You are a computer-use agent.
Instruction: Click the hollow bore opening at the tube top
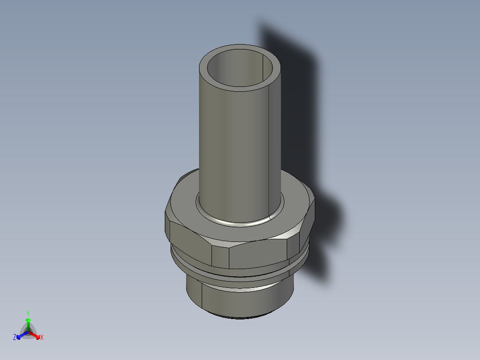click(x=240, y=68)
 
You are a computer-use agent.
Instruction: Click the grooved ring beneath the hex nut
click(x=239, y=274)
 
